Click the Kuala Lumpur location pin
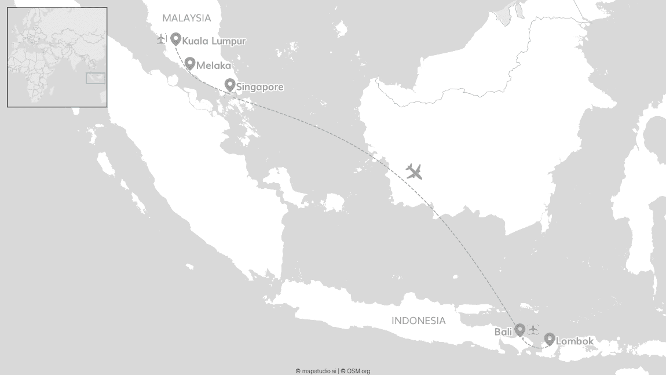point(175,39)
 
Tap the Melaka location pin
point(189,63)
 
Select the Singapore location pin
point(229,85)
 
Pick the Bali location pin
point(520,329)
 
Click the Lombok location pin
point(549,339)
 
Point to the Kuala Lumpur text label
point(214,41)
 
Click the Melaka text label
point(213,65)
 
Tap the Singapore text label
point(260,88)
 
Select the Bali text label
point(503,332)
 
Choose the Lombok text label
point(574,341)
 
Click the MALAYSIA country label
point(186,18)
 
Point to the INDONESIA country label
point(418,321)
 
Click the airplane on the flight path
point(413,171)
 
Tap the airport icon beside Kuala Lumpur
point(162,39)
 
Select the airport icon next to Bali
point(533,330)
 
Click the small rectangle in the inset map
point(96,78)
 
